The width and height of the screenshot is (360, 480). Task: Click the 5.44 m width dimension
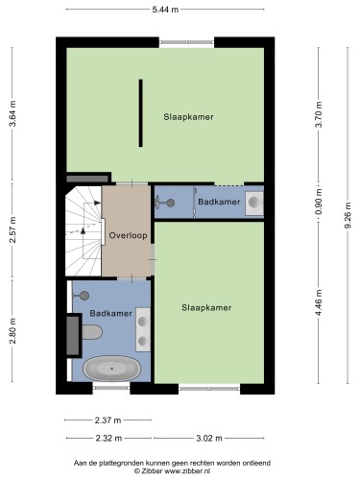click(x=165, y=10)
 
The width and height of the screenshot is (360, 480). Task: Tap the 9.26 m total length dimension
click(x=348, y=215)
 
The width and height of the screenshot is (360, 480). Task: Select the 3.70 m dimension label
click(x=319, y=114)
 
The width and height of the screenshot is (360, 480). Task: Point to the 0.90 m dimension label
click(x=319, y=202)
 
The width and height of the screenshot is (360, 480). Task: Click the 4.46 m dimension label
click(x=319, y=302)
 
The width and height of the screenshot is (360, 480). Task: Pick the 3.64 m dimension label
click(x=12, y=114)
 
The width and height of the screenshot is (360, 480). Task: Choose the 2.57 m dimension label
click(x=12, y=229)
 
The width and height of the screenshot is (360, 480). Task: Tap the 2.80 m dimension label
click(x=12, y=331)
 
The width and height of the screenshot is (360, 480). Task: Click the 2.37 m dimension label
click(x=108, y=420)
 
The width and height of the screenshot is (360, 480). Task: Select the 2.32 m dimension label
click(x=108, y=438)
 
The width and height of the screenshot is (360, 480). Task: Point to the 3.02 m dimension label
click(x=209, y=438)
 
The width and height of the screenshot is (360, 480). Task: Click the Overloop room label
click(x=128, y=235)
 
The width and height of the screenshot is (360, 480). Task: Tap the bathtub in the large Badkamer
click(x=111, y=369)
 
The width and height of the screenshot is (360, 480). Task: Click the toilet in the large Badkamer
click(x=92, y=332)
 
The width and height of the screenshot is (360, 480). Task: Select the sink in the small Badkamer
click(x=254, y=203)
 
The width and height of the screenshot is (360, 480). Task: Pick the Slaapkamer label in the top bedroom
click(x=188, y=117)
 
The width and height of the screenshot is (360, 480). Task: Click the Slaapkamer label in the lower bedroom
click(x=206, y=308)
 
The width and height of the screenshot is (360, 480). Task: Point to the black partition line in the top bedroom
click(x=140, y=113)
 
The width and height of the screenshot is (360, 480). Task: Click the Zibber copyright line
click(x=172, y=471)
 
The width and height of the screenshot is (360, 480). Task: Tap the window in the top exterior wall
click(x=186, y=42)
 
